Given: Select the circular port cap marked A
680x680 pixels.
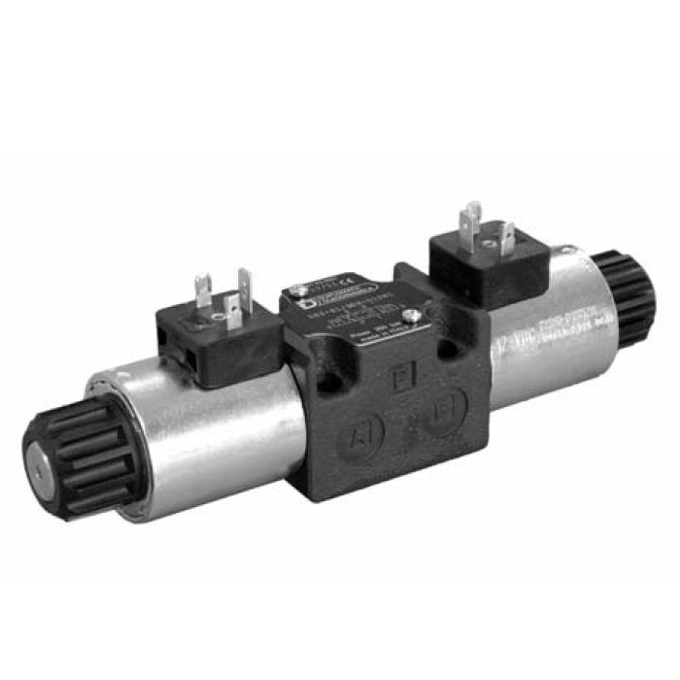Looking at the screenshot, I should pyautogui.click(x=360, y=437).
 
